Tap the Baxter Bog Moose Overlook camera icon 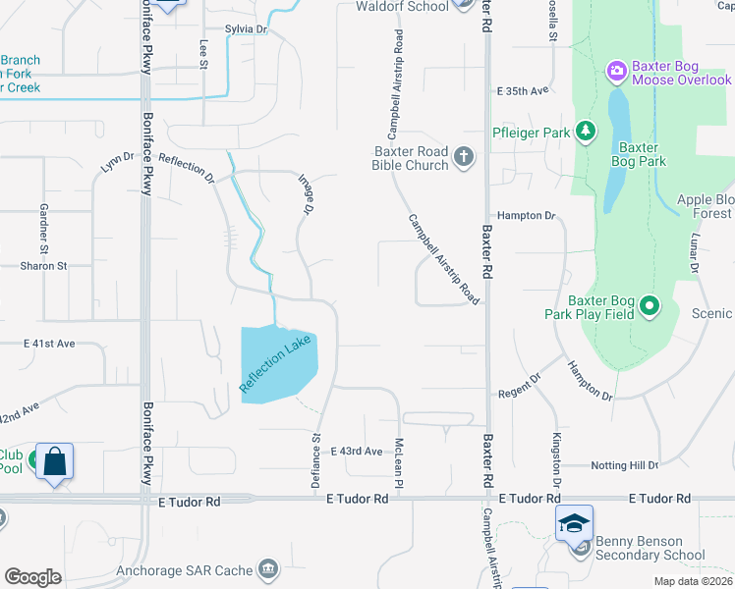pos(617,70)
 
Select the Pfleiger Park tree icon pos(586,131)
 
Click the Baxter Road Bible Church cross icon pos(463,156)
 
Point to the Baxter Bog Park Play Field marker pos(649,306)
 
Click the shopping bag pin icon pos(55,460)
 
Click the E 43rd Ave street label pos(357,451)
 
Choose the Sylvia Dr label pos(246,29)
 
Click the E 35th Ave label pos(523,91)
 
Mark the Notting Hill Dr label pos(625,464)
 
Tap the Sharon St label pos(43,265)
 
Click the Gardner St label pos(43,225)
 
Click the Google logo pos(32,577)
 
